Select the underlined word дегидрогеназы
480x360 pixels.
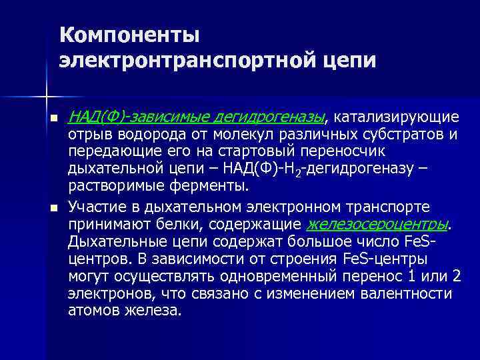pyautogui.click(x=269, y=118)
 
